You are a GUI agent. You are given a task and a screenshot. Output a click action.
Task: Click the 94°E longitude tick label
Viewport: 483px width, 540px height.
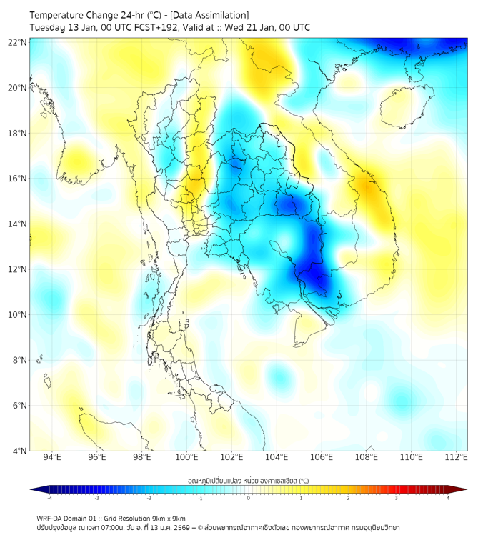point(52,457)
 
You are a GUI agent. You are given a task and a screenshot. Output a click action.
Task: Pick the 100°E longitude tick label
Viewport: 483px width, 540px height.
point(186,457)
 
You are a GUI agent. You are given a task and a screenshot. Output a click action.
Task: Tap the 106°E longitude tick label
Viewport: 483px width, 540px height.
point(322,457)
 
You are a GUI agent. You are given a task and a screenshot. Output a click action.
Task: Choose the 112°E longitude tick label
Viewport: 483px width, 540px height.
point(457,457)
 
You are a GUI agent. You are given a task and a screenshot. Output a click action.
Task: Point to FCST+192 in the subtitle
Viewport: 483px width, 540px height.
point(156,28)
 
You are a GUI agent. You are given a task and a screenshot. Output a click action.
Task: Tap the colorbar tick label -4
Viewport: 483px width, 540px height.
point(49,498)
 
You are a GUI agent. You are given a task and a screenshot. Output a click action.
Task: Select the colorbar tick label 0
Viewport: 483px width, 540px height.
point(249,498)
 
